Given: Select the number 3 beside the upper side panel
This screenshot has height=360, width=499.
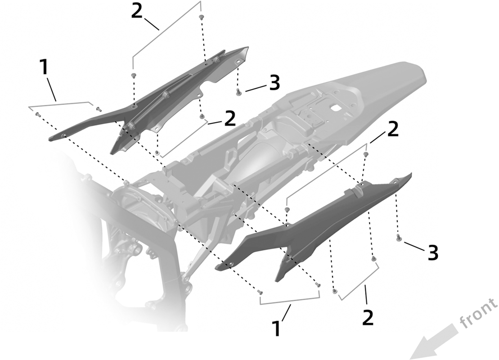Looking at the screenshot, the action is [x=274, y=82].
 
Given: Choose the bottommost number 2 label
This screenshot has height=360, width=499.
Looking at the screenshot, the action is [x=368, y=317].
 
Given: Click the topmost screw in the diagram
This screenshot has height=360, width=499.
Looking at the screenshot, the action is [x=201, y=17].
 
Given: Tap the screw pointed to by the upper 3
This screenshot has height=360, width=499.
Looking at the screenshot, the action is [x=238, y=93].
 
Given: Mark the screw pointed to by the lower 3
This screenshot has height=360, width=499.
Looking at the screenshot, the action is [x=398, y=238].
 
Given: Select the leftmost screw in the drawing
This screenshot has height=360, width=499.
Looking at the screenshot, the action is [x=37, y=114].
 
